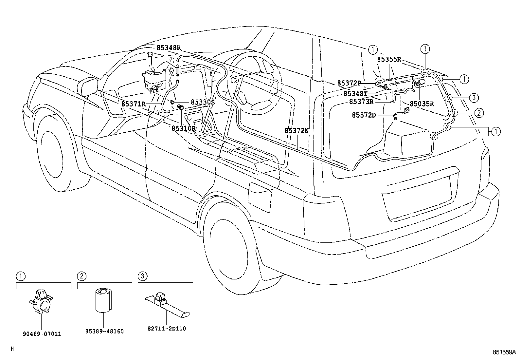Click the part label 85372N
[x=296, y=130]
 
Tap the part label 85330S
[x=203, y=102]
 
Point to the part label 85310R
[x=184, y=128]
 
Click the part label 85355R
[x=389, y=59]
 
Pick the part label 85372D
[x=364, y=115]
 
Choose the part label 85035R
[x=422, y=104]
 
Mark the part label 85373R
[x=361, y=102]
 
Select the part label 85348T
[x=355, y=94]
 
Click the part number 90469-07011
[x=42, y=334]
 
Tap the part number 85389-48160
[x=104, y=331]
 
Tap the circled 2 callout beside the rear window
[x=478, y=113]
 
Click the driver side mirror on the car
[x=89, y=86]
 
